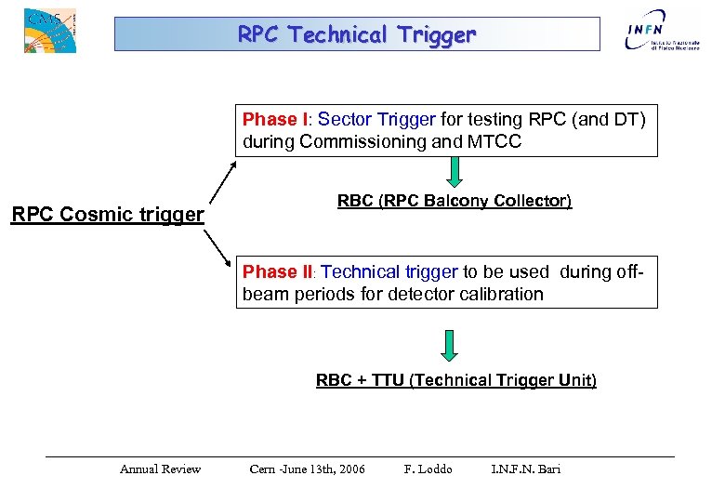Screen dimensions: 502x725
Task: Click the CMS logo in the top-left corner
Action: [49, 30]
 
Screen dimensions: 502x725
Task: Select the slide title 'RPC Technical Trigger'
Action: [357, 34]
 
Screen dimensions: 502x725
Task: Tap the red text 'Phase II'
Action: [277, 272]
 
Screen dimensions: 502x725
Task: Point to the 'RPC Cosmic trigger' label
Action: [107, 215]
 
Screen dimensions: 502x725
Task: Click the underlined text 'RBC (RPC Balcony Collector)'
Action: [455, 202]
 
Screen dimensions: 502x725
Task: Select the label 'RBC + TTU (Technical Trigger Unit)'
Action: [456, 380]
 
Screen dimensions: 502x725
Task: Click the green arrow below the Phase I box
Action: [455, 172]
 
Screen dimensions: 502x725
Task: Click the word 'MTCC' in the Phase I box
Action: [495, 142]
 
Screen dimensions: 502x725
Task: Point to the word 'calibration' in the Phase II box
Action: [501, 295]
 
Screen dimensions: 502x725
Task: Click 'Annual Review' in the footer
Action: [160, 469]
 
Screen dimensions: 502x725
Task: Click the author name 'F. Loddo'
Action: [428, 469]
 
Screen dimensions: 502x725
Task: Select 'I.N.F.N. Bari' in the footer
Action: [525, 469]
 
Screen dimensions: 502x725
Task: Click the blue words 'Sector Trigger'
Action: [376, 120]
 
